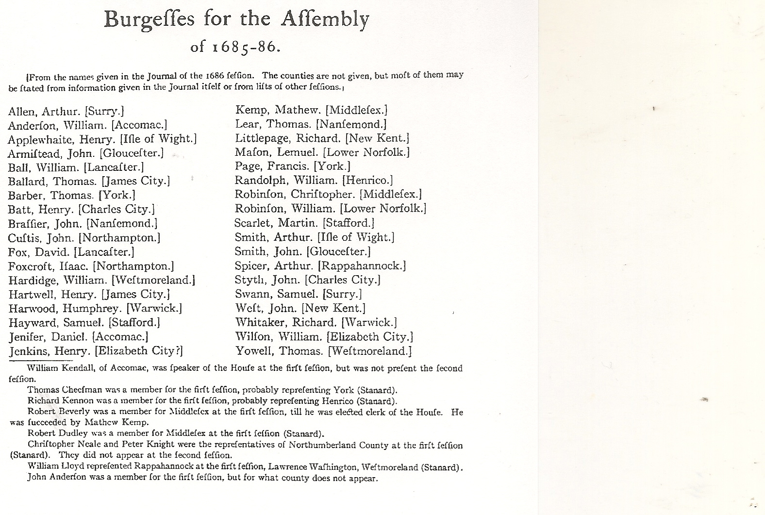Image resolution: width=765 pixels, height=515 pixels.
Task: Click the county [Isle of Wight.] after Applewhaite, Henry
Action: tap(158, 139)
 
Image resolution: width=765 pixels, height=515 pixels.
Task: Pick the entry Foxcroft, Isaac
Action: tap(48, 266)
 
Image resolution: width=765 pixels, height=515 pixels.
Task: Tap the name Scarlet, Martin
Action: tap(274, 223)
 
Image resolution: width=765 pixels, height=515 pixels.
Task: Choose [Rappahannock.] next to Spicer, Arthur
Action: tap(362, 266)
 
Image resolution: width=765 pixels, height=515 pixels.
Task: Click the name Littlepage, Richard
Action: tap(288, 138)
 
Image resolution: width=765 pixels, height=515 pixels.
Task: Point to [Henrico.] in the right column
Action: tap(367, 181)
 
